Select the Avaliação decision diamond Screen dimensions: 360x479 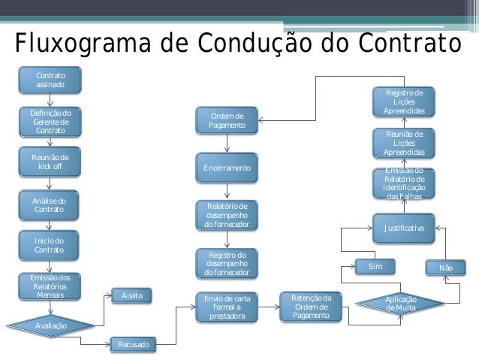50,325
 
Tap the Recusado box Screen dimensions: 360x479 132,345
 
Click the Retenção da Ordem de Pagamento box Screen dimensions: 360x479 310,307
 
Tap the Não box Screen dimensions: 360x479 446,268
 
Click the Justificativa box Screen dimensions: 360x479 404,228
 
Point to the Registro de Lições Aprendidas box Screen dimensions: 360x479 404,101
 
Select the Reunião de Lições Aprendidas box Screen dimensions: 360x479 404,143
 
